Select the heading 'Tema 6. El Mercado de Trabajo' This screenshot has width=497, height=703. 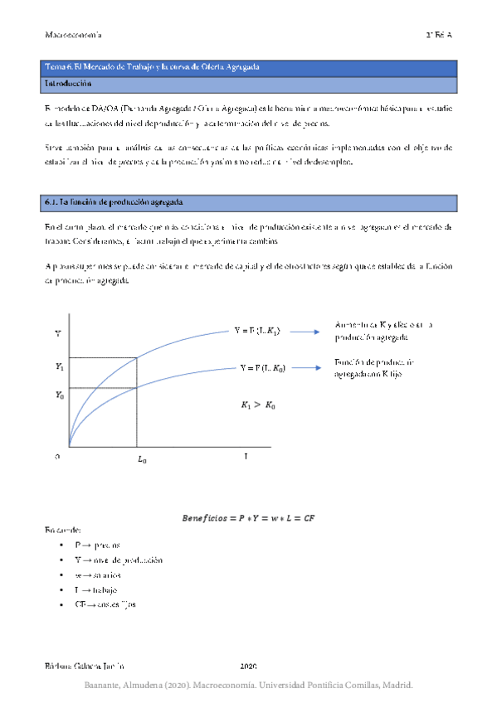152,66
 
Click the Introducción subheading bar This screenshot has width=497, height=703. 68,84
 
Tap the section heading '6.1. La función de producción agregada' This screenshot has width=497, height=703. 114,202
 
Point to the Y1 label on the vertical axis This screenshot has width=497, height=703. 59,366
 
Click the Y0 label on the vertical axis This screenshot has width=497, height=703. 59,395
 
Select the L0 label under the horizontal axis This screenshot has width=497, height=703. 142,458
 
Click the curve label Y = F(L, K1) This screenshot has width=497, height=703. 257,331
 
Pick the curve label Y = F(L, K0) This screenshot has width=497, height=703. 262,367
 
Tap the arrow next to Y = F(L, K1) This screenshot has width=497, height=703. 305,332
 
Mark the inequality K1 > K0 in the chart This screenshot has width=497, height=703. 260,405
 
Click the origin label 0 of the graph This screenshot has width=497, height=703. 58,456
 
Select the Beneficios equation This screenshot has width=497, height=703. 248,518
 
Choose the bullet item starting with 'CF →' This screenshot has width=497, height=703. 105,604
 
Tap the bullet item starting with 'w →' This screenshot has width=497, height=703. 97,575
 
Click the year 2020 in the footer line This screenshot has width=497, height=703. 249,666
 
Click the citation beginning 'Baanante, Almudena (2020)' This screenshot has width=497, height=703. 248,686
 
